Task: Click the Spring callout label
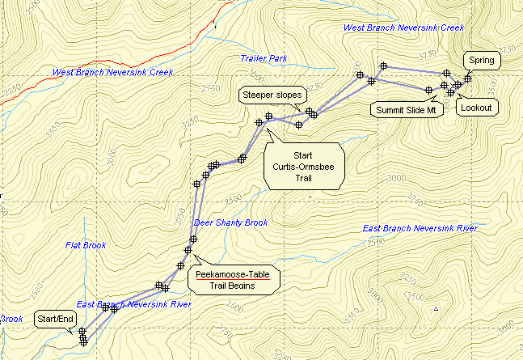(x=481, y=60)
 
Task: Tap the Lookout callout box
(x=477, y=107)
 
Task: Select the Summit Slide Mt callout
(x=407, y=109)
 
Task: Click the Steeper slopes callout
(x=271, y=95)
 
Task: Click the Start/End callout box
(x=56, y=320)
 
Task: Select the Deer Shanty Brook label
(x=230, y=222)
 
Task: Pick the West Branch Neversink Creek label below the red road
(x=113, y=72)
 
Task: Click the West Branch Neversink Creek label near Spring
(x=403, y=28)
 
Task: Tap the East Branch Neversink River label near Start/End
(x=133, y=304)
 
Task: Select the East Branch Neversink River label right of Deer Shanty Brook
(x=420, y=228)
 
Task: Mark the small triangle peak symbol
(x=437, y=308)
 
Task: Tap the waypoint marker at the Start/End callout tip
(x=82, y=331)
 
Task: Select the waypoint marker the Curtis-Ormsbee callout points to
(x=259, y=122)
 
